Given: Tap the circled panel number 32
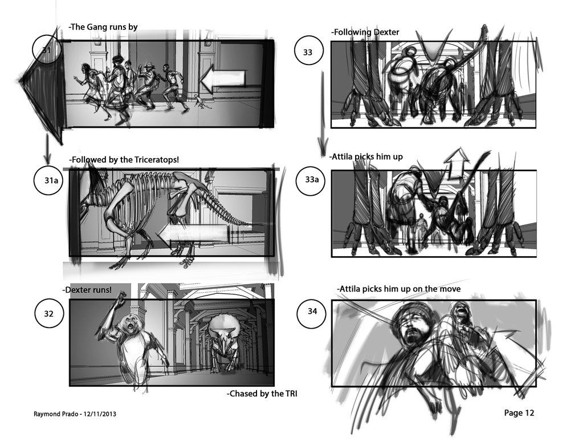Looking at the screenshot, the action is [x=48, y=314].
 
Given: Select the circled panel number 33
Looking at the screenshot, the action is [x=308, y=52].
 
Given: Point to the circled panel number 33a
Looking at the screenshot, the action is [x=312, y=180].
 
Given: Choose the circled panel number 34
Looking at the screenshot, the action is [x=312, y=311].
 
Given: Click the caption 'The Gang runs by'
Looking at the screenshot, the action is [x=103, y=27].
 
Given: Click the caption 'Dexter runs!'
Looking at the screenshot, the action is [x=87, y=290].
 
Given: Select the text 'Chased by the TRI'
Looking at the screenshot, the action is [x=262, y=393].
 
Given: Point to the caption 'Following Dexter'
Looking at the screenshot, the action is [x=365, y=32].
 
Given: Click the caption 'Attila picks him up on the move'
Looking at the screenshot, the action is [x=398, y=289].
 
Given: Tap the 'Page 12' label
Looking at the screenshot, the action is [x=519, y=412].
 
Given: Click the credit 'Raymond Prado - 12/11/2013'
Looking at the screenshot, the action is [x=75, y=414].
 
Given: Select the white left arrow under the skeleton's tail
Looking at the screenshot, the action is [x=193, y=234].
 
